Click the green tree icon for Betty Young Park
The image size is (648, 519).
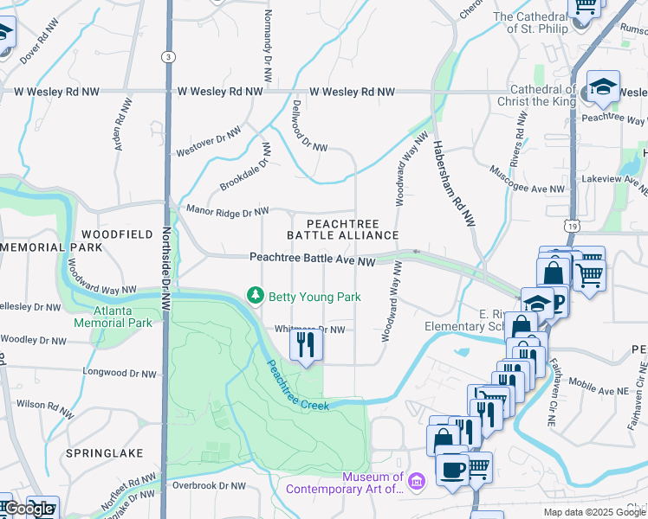255,297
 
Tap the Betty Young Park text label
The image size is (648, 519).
314,297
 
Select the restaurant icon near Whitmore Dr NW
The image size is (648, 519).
305,345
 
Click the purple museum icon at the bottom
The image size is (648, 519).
417,481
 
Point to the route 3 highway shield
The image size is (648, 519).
166,56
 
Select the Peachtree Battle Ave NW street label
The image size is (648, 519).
312,259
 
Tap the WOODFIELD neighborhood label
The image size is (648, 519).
116,234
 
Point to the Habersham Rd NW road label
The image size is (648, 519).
455,184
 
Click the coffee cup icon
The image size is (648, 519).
451,469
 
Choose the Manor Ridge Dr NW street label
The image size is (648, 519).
227,210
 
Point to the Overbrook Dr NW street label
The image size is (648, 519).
209,485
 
